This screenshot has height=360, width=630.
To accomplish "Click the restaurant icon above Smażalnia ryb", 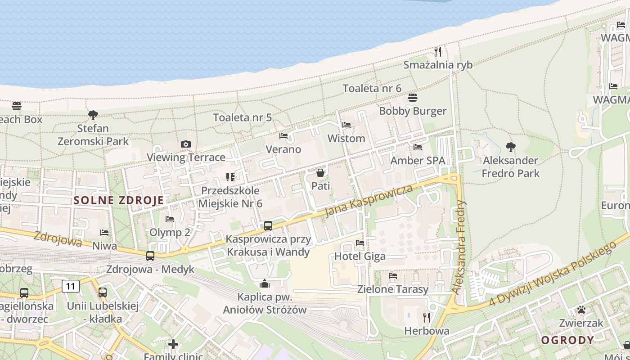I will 437,52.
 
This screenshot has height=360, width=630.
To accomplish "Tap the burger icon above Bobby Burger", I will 413,98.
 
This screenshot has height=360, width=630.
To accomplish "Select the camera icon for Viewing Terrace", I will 185,144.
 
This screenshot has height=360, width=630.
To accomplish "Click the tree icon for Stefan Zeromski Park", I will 93,115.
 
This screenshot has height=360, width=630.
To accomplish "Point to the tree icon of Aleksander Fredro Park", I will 510,147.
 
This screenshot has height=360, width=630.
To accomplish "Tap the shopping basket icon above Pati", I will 320,173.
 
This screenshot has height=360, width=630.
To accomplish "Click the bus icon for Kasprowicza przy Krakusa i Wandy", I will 268,226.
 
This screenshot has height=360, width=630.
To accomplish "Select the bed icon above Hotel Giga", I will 360,243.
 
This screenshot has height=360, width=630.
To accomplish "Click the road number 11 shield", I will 71,286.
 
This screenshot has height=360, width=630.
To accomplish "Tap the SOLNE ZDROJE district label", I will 118,201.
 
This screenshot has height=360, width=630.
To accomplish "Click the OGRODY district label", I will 567,340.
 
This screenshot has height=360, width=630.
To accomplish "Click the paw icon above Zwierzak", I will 581,310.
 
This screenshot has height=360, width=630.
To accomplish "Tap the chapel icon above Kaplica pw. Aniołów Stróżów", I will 265,283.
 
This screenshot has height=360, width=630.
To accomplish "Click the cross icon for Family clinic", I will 173,344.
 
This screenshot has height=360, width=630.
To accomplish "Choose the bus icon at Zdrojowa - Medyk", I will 150,256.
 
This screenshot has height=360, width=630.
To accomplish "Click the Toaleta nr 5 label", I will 242,117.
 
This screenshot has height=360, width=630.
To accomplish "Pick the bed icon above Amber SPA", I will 418,147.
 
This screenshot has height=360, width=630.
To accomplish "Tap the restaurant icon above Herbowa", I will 427,318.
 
